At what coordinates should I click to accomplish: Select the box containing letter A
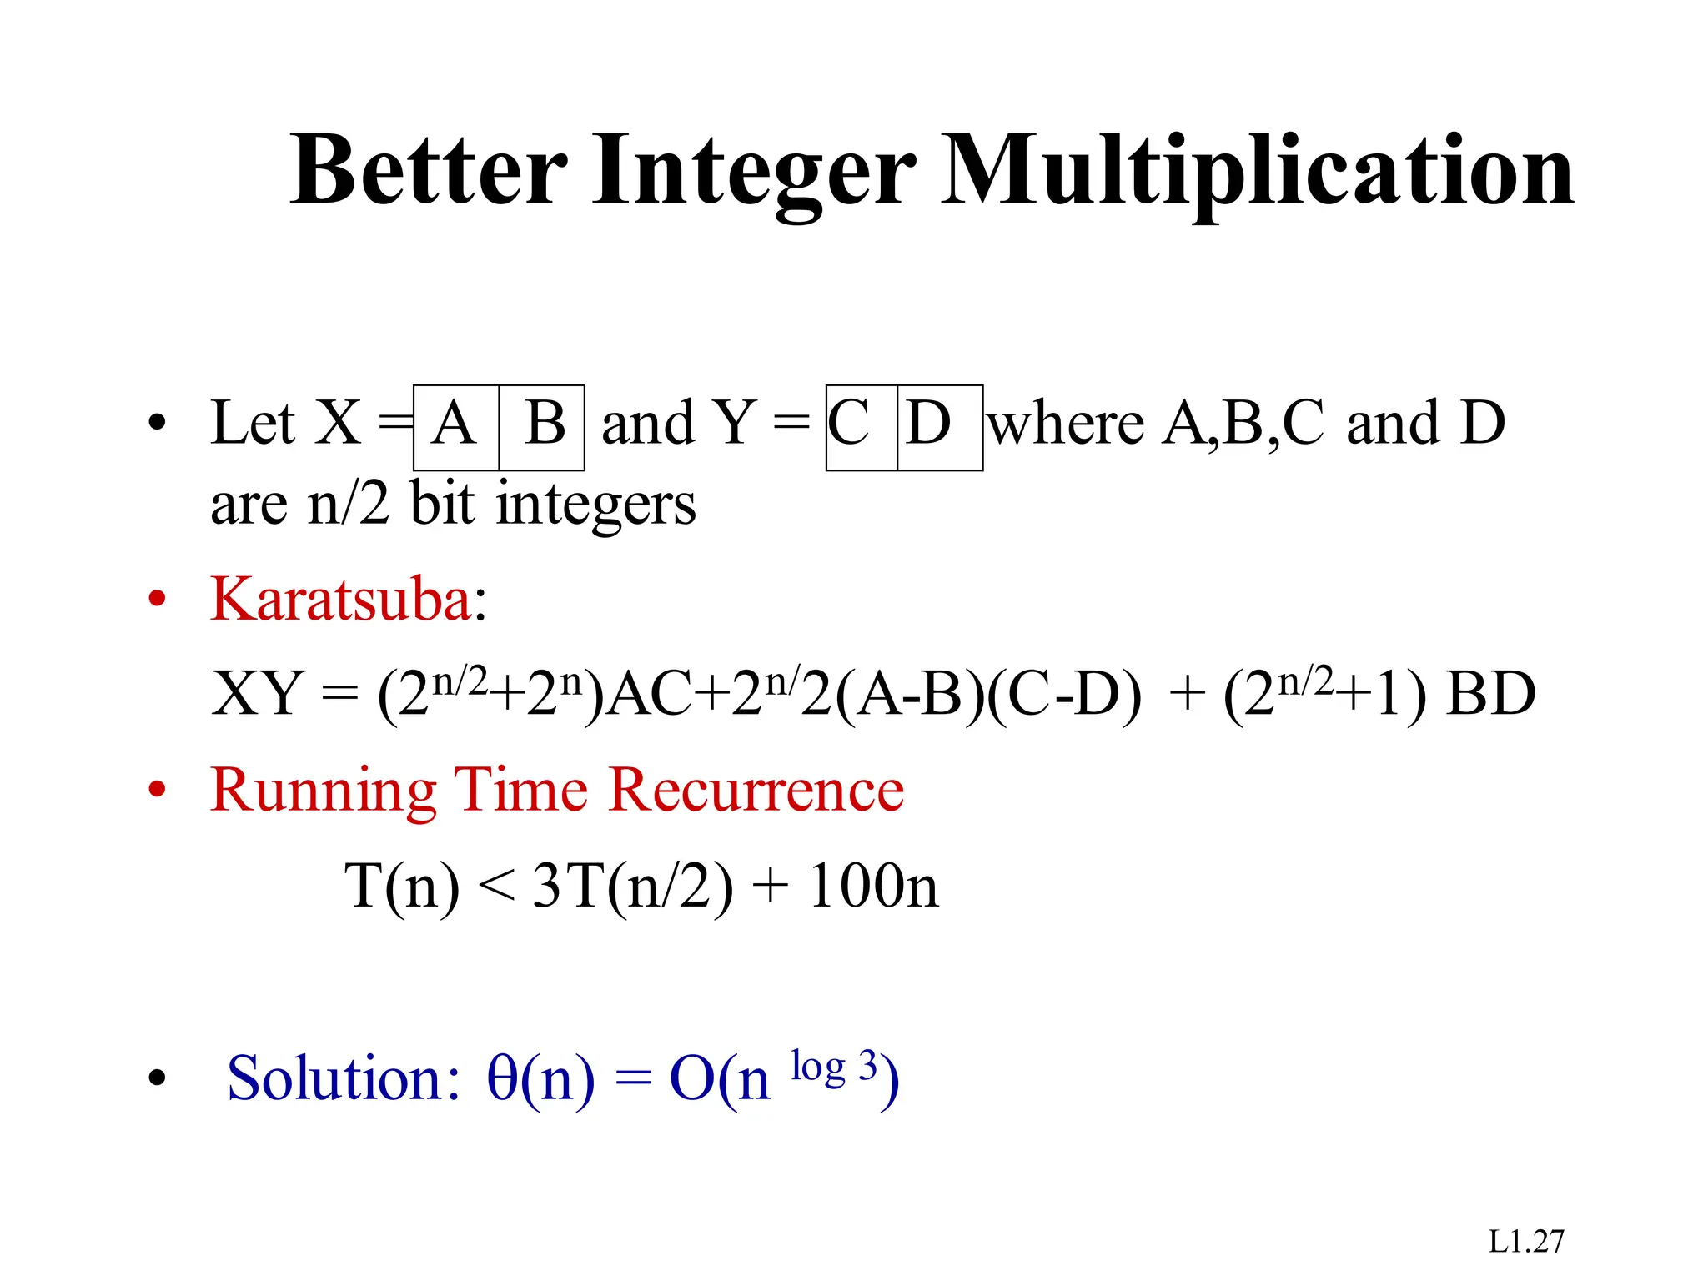pyautogui.click(x=456, y=427)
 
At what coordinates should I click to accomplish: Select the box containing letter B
pyautogui.click(x=542, y=427)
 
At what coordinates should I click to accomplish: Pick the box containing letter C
pyautogui.click(x=861, y=427)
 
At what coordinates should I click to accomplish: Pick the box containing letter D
pyautogui.click(x=940, y=427)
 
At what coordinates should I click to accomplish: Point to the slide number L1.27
pyautogui.click(x=1526, y=1242)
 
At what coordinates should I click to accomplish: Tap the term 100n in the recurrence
pyautogui.click(x=873, y=886)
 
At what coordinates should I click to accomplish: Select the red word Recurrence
pyautogui.click(x=756, y=790)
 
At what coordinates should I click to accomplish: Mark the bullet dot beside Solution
pyautogui.click(x=157, y=1078)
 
